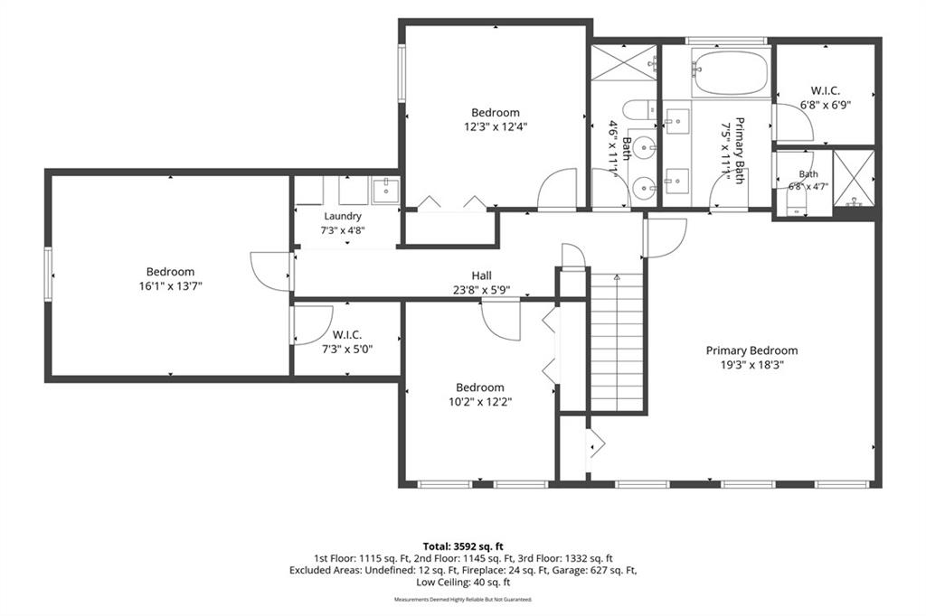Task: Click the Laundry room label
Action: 343,216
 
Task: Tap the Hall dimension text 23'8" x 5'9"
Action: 481,290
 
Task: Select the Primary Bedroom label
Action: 751,350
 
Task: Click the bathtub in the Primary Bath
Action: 731,73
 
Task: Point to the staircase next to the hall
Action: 617,342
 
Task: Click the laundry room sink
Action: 385,190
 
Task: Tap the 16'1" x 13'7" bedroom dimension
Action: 170,286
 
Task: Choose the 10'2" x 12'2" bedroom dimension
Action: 480,402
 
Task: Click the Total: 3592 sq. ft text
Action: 463,546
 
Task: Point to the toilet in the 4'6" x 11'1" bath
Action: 641,111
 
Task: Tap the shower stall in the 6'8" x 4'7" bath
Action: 854,178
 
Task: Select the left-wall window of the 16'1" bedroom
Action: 48,275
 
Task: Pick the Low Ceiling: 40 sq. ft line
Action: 463,583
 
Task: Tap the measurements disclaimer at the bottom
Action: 463,600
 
